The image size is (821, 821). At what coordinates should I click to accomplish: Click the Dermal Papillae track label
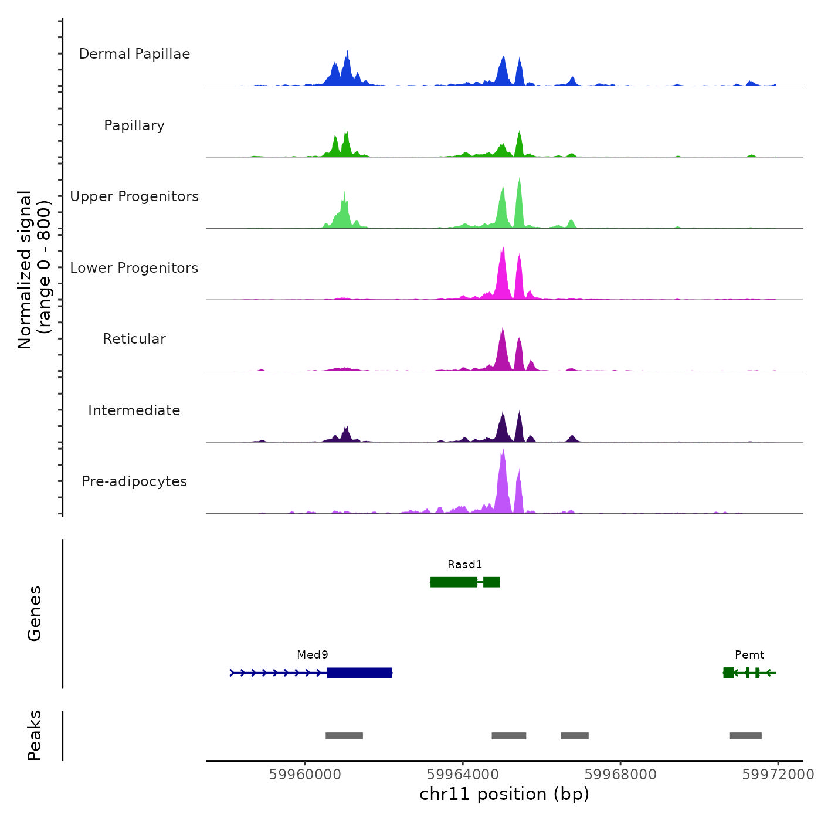(x=134, y=54)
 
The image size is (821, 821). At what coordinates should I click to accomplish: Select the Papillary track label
(x=134, y=125)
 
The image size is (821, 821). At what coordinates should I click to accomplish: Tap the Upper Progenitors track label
(x=134, y=196)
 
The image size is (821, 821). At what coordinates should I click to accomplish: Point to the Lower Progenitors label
(x=134, y=268)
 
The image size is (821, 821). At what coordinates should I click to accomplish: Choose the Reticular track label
(x=134, y=339)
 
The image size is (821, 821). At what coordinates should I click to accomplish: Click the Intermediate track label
(x=134, y=410)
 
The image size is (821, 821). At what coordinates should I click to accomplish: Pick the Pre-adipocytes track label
(x=134, y=481)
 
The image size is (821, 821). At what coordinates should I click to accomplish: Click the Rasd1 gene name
(x=464, y=565)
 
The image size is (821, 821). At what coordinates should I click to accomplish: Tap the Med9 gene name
(x=313, y=655)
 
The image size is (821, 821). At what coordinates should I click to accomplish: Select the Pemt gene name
(x=749, y=655)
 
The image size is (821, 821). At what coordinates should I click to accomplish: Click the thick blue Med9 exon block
(x=359, y=673)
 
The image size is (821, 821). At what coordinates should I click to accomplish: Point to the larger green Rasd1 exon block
(x=454, y=582)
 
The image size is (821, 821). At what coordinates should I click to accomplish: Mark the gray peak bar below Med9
(x=344, y=736)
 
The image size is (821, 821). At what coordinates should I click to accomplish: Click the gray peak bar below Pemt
(x=745, y=736)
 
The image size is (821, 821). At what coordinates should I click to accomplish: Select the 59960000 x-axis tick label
(x=305, y=775)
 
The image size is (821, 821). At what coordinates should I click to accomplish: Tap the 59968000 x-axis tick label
(x=620, y=775)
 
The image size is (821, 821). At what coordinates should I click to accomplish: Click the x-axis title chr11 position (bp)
(x=504, y=795)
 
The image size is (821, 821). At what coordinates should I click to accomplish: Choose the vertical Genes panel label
(x=34, y=613)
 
